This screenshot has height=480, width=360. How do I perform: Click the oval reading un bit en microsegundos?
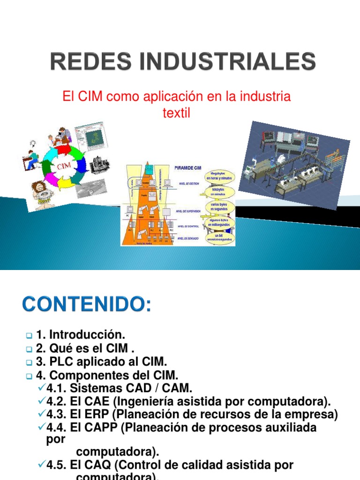click(x=220, y=238)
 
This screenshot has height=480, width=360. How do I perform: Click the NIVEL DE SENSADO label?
click(x=187, y=239)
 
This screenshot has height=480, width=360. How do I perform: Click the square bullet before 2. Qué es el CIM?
click(x=29, y=349)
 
